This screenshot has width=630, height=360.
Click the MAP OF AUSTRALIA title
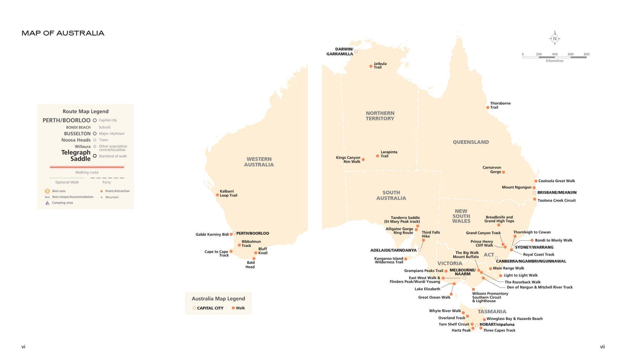[x=63, y=33]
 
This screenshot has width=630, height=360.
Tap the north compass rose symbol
[x=555, y=38]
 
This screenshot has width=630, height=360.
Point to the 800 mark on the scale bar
[x=586, y=54]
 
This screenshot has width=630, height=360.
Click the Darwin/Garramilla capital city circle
[x=356, y=51]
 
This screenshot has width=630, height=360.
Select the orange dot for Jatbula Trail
[x=371, y=66]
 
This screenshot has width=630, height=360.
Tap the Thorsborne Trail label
[x=500, y=105]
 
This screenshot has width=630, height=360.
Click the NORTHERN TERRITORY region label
[x=380, y=116]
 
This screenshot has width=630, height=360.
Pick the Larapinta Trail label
[x=388, y=154]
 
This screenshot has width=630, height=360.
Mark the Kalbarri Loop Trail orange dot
[x=217, y=195]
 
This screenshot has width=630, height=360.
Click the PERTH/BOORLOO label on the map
[x=253, y=233]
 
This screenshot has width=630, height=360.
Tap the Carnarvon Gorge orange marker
[x=503, y=172]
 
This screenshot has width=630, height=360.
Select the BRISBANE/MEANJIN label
[x=556, y=193]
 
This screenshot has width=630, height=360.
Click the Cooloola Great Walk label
[x=556, y=181]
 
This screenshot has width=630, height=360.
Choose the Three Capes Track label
[x=499, y=331]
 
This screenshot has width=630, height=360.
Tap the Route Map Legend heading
[x=86, y=111]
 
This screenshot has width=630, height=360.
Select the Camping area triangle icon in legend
[x=47, y=203]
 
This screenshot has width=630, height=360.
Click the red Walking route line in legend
[x=87, y=167]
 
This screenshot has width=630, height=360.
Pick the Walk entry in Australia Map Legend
[x=240, y=308]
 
